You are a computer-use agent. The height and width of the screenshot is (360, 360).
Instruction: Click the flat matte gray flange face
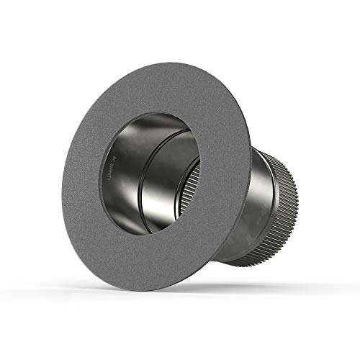coord(108,238)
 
